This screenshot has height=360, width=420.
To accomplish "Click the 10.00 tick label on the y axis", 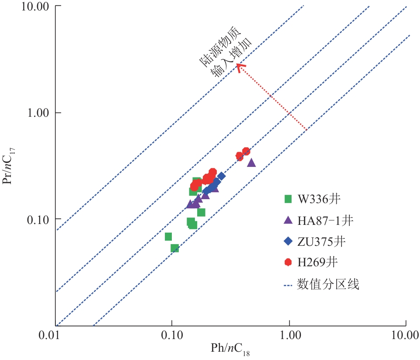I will (37, 7).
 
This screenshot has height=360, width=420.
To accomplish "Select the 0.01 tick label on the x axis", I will (55, 336).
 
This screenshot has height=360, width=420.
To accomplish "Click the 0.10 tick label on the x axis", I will (172, 336).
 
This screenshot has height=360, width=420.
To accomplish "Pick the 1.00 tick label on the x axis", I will (289, 336).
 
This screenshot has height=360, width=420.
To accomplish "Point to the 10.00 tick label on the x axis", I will (406, 336).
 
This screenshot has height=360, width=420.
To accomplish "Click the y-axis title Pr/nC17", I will (9, 166).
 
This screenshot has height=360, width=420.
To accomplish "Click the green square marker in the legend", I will (288, 199).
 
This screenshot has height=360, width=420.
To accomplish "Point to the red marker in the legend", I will (288, 262).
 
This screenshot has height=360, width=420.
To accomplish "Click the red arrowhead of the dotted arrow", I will (239, 66).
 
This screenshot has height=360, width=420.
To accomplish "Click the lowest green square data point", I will (174, 248).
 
